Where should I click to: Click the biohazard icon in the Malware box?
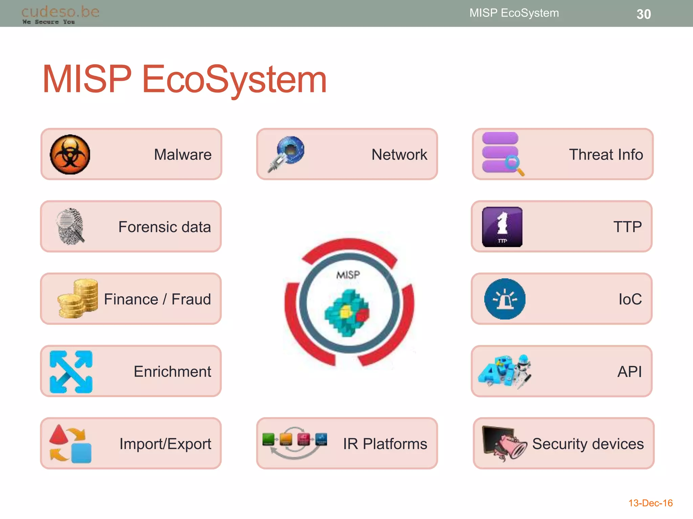point(70,154)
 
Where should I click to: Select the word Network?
point(399,155)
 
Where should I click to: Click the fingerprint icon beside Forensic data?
point(70,226)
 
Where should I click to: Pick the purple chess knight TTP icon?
point(502,227)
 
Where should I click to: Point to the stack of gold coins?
point(79,299)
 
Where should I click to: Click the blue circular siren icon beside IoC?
point(505,299)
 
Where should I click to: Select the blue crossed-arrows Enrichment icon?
point(71,372)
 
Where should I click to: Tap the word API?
point(629,372)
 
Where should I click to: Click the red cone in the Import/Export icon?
point(59,435)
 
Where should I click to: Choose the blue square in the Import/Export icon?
point(81,453)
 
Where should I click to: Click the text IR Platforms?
point(385,444)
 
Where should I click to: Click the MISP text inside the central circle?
point(348,275)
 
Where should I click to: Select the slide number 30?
point(644,14)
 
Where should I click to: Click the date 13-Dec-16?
point(650,503)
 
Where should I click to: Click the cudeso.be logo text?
point(60,12)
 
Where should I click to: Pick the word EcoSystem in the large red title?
point(234,79)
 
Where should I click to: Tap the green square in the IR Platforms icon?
point(268,439)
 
